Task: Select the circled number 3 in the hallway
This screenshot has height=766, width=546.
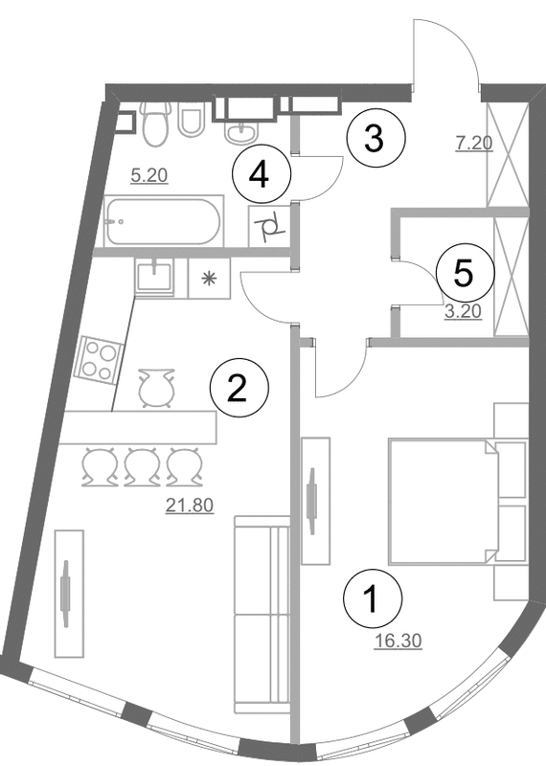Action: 375,140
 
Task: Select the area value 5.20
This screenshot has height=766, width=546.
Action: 148,175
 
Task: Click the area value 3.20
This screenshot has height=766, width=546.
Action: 462,309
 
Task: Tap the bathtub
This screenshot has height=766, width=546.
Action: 163,222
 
